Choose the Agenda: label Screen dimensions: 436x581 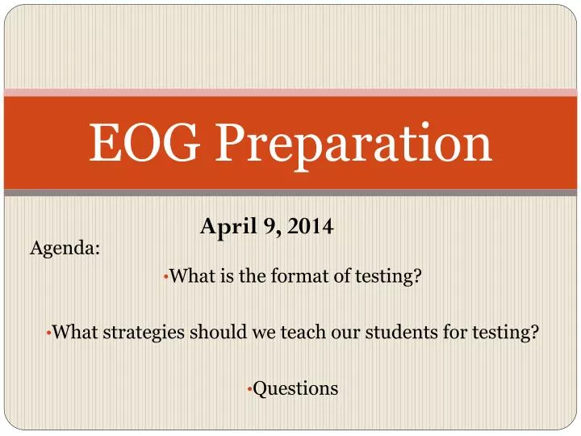(65, 249)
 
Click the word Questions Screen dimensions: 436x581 (295, 388)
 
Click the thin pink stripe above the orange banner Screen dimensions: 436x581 (290, 93)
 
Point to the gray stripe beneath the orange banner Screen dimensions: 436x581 (290, 193)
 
